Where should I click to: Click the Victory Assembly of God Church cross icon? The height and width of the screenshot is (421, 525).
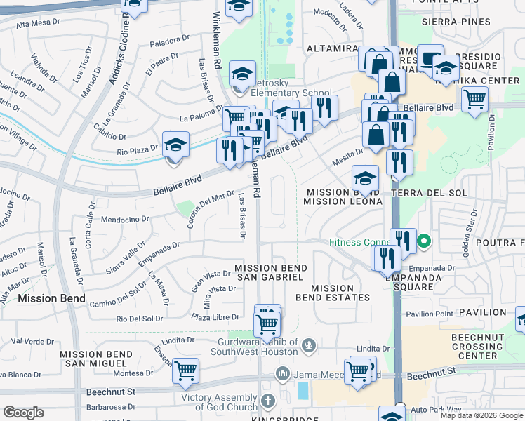[267, 401]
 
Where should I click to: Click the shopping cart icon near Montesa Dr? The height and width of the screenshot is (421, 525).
[185, 370]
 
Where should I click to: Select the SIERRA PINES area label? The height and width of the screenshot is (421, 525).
[456, 22]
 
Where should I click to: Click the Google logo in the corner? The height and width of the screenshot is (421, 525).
[24, 413]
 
